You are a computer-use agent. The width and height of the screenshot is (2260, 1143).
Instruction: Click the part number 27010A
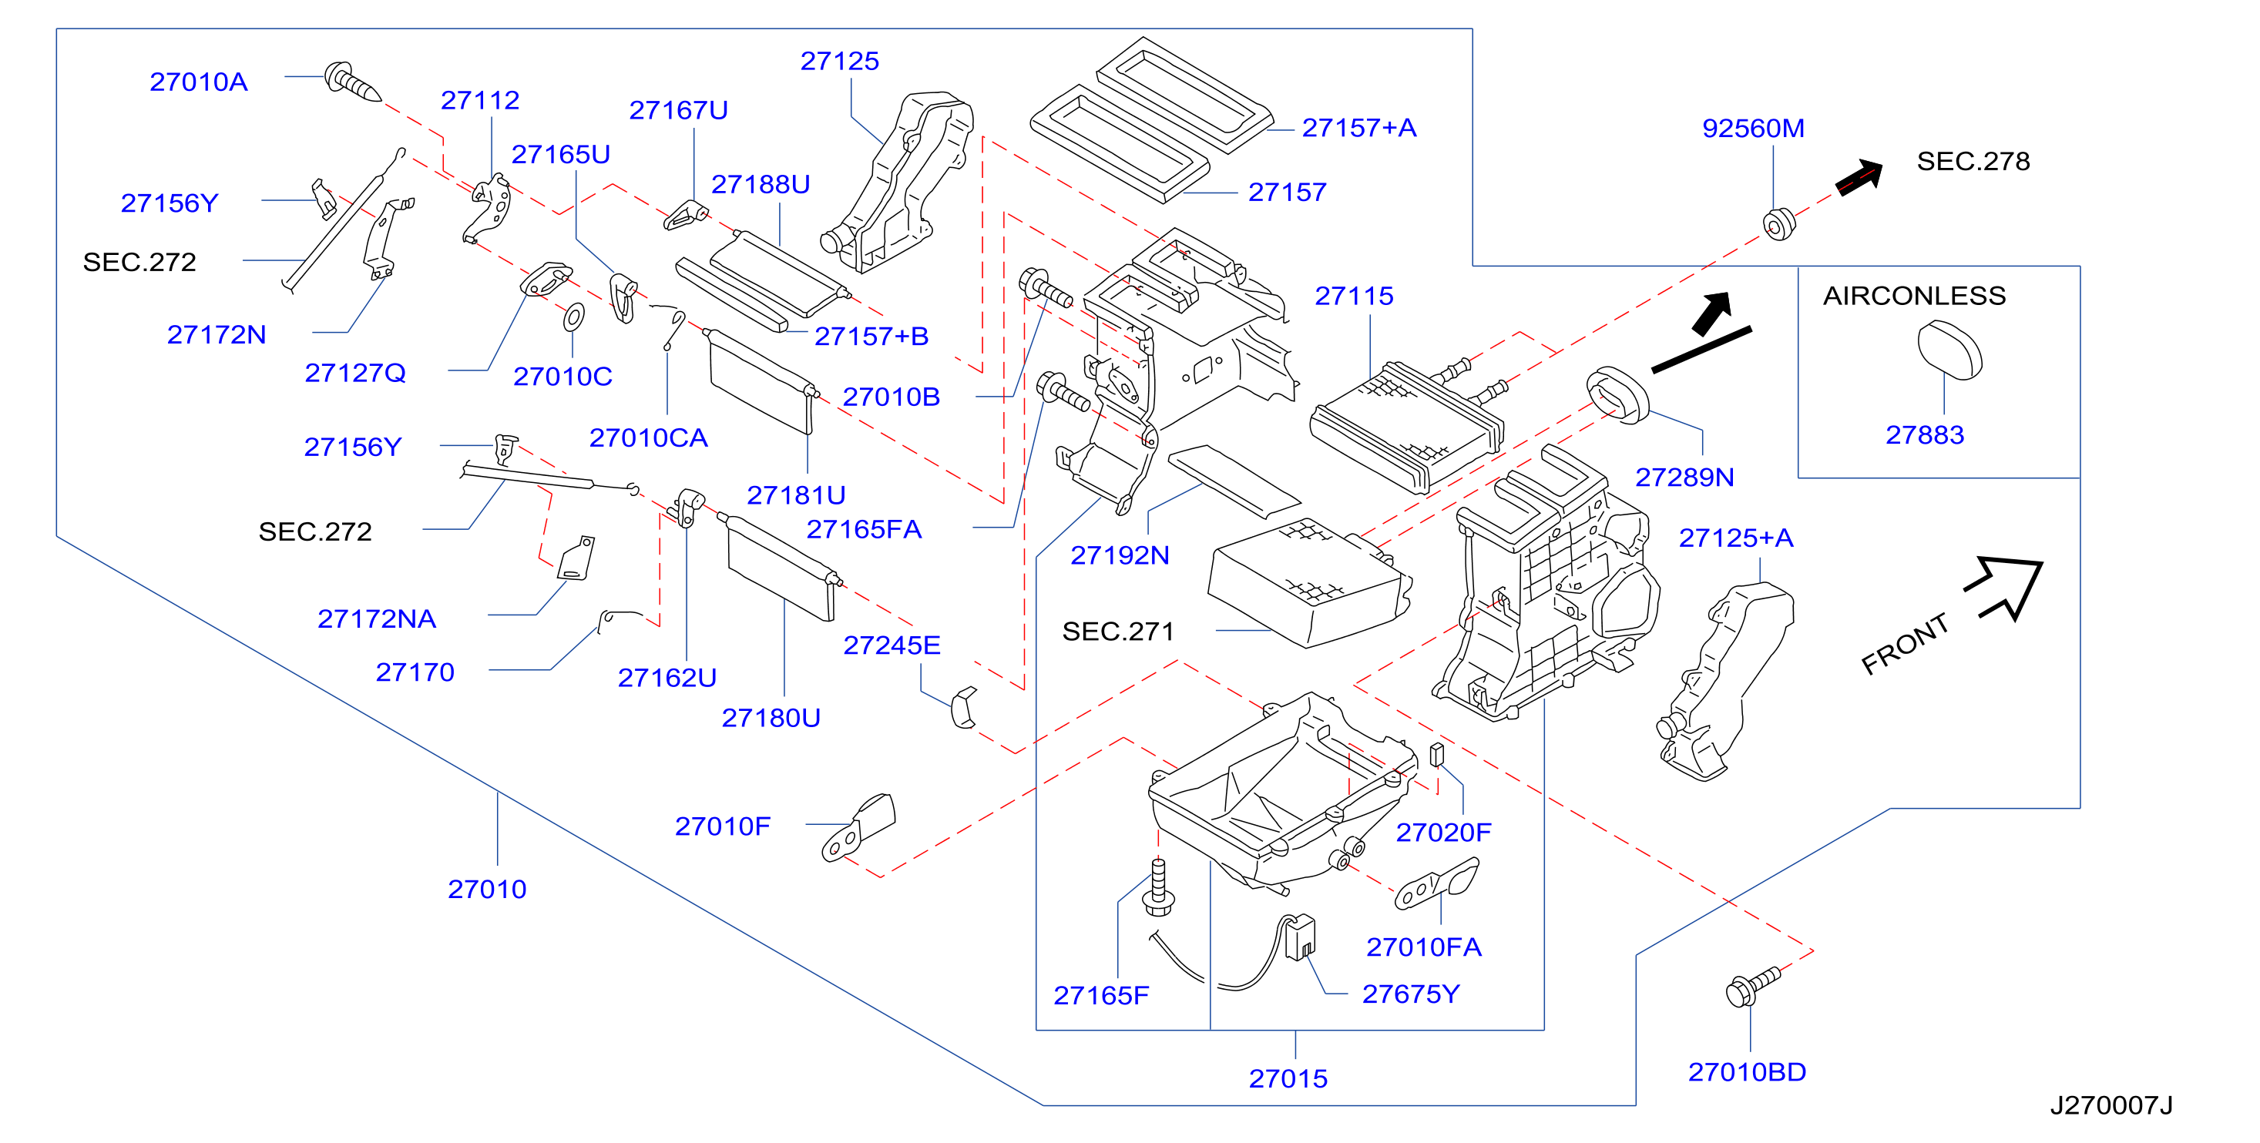pos(198,82)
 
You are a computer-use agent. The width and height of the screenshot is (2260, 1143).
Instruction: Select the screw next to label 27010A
pos(353,82)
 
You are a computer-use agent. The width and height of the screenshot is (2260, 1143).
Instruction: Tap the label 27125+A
pos(1735,538)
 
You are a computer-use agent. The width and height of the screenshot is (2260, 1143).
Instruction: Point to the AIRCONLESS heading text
pos(1914,296)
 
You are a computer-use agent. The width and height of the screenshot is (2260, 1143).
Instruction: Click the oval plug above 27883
pos(1949,349)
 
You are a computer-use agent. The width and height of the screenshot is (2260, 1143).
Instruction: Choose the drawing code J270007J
pos(2111,1105)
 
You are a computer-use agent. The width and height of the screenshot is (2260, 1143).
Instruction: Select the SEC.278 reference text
pos(1973,162)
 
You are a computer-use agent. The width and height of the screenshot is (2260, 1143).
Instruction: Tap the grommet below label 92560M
pos(1779,223)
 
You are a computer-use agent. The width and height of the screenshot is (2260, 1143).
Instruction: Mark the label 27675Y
pos(1411,994)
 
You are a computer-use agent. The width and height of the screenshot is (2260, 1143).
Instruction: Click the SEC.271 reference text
pos(1118,632)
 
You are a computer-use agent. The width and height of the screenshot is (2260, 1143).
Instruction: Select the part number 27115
pos(1354,296)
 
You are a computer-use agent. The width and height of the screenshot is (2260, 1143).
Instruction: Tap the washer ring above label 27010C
pos(574,317)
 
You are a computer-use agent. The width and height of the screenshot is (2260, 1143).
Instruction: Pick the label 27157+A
pos(1359,128)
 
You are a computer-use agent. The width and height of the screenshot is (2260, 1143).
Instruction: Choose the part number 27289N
pos(1684,478)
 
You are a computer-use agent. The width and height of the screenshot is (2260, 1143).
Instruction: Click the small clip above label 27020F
pos(1437,754)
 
